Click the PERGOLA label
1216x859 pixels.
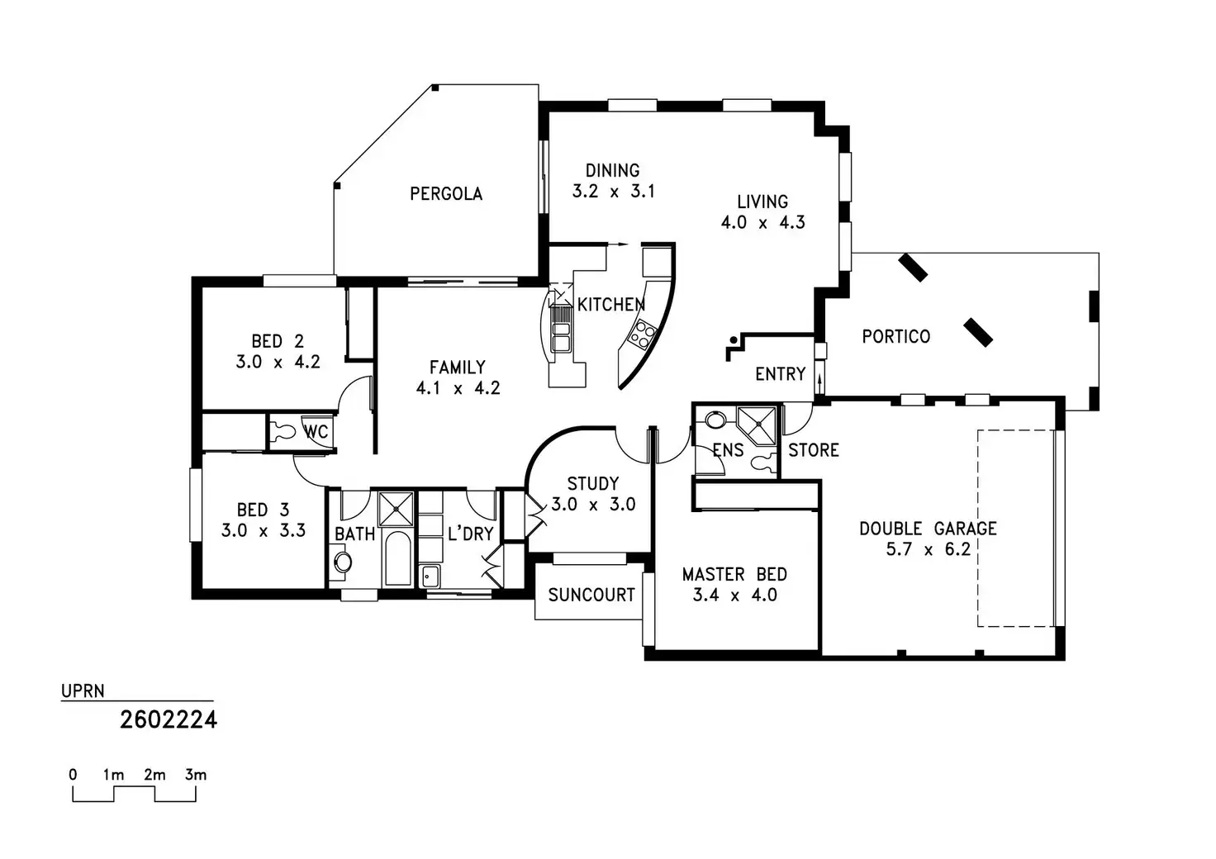pos(446,194)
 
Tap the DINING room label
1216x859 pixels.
pos(612,171)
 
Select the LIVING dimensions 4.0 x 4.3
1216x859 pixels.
pos(762,222)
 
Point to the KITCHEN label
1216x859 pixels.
pos(611,305)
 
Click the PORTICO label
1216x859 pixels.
pos(895,337)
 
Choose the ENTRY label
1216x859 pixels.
pos(780,375)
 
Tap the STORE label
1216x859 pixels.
pos(813,450)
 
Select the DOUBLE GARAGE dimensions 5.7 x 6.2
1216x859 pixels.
pos(928,549)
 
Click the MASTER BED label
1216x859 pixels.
pos(734,574)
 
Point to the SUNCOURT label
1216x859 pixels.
pos(591,595)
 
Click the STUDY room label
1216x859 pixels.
pos(592,484)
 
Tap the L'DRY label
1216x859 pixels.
pos(470,534)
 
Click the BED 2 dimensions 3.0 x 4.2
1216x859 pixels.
pos(278,362)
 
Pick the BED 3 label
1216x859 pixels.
pos(263,510)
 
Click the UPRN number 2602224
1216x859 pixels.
pos(169,720)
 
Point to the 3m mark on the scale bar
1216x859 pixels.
pos(196,776)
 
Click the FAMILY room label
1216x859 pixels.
pos(457,368)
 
